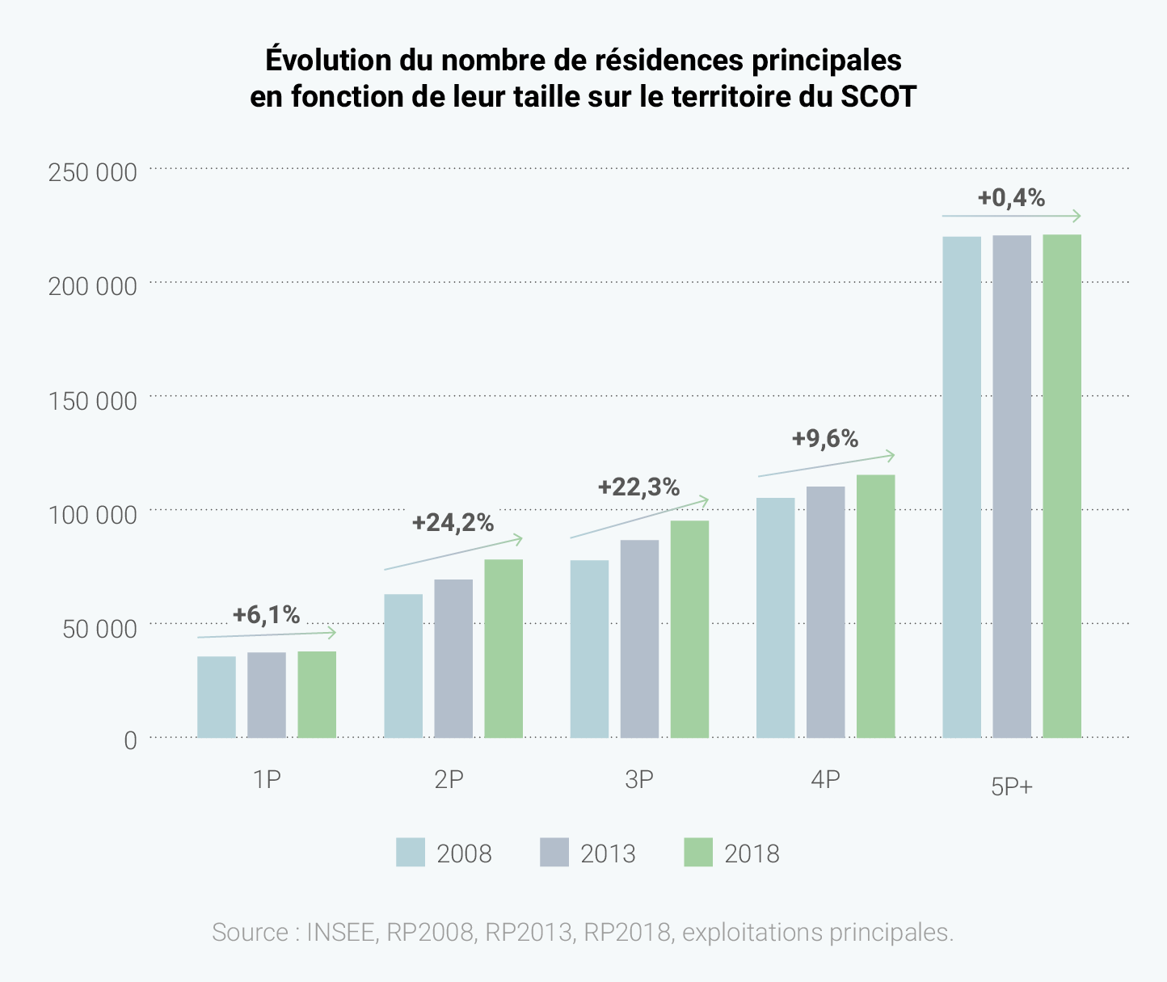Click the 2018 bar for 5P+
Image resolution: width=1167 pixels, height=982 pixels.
[1062, 486]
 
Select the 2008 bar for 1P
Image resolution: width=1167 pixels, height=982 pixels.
[217, 697]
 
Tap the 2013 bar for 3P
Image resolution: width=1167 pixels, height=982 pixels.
[639, 639]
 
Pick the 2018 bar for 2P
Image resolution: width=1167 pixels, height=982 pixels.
[503, 648]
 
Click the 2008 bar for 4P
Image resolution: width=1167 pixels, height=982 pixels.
[776, 617]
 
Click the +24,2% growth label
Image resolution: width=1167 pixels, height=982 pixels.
[453, 523]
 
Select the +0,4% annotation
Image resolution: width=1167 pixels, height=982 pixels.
[1011, 198]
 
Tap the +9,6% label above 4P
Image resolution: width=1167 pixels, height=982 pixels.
[824, 439]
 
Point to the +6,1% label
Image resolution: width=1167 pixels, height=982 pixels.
[266, 615]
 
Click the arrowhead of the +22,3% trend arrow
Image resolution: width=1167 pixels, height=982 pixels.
[705, 501]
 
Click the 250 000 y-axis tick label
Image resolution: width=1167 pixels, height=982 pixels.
[92, 172]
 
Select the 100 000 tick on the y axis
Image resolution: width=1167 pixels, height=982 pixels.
[92, 514]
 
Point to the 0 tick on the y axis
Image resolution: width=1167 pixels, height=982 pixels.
[130, 740]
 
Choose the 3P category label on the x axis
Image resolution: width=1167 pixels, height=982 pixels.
[638, 779]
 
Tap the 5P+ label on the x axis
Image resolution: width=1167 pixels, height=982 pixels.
[1012, 786]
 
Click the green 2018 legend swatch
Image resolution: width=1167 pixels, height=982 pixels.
[698, 853]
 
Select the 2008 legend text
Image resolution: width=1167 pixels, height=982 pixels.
[464, 853]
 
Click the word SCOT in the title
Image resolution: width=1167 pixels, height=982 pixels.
[878, 97]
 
